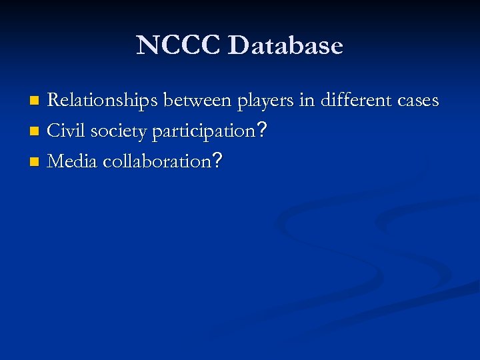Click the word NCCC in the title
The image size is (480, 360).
(x=178, y=45)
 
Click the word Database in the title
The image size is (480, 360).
(x=285, y=45)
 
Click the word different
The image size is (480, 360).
(x=358, y=101)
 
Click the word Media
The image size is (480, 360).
(x=73, y=161)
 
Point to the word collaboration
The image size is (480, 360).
(x=156, y=161)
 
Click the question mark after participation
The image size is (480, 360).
(x=263, y=131)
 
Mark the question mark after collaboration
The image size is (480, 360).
(x=216, y=161)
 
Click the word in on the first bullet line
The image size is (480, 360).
(x=307, y=101)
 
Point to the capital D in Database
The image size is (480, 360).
(x=237, y=45)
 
